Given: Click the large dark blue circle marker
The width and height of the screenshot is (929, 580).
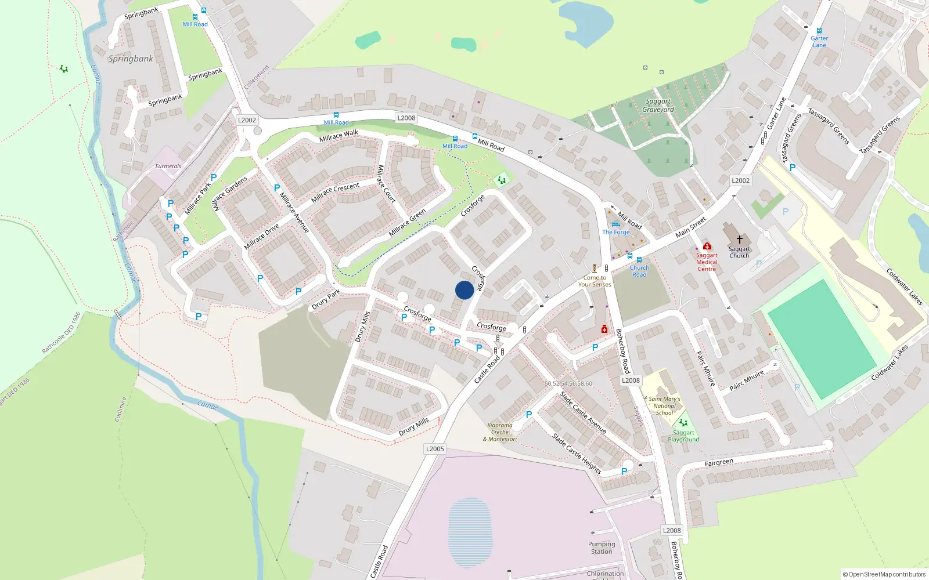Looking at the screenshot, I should [x=464, y=290].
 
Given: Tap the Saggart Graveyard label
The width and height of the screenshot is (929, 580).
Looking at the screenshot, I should [x=658, y=106].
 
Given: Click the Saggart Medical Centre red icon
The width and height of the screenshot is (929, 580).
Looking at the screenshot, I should [x=707, y=246].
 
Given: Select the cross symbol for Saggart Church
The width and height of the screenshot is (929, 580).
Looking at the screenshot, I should [x=739, y=239].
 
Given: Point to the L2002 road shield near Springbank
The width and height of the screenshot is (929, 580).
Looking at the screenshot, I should [x=247, y=120].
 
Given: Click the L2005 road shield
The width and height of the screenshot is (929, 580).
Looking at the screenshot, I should [x=435, y=449].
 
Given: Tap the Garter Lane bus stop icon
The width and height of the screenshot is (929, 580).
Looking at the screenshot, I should [x=819, y=31].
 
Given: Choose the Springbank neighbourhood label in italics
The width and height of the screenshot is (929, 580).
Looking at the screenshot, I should [x=131, y=59].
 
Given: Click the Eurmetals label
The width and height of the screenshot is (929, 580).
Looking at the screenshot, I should [x=168, y=166].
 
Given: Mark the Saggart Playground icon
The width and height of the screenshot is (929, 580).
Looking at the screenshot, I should [x=683, y=423].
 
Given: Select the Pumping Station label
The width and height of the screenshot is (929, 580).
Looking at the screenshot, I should [x=602, y=548].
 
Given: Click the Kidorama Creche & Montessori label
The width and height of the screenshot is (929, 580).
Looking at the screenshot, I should [x=500, y=432].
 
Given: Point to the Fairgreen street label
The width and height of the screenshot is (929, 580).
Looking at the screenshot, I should [x=719, y=463].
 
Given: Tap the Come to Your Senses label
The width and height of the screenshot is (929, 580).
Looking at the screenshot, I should [x=595, y=281].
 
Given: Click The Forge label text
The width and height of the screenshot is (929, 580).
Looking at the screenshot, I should [x=616, y=232].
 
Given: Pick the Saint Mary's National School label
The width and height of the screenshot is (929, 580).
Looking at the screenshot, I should [x=664, y=406].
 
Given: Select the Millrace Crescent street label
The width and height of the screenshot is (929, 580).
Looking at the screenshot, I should [x=335, y=193].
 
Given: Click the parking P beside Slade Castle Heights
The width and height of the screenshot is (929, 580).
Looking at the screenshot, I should [x=624, y=472].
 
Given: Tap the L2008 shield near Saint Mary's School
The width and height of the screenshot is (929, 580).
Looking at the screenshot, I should [x=631, y=380].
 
